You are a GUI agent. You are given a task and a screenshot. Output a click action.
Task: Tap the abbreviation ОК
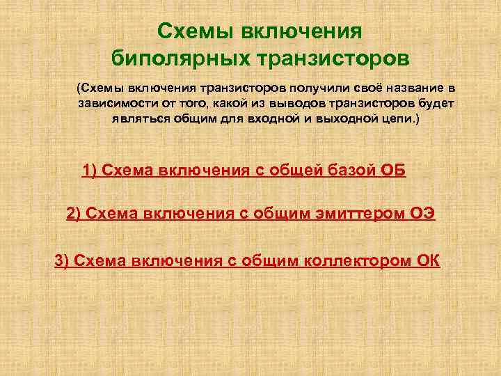tap(427, 261)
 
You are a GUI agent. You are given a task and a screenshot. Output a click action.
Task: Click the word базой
tap(349, 171)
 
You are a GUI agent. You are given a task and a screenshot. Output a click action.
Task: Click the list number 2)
tap(75, 214)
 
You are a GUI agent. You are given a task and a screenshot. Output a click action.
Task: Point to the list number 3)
tap(63, 261)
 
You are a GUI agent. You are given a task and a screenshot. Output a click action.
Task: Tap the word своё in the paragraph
tap(365, 89)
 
